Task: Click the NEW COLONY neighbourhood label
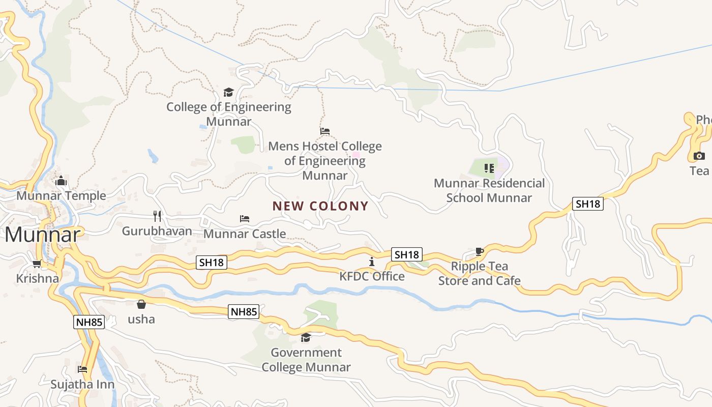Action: [x=320, y=206]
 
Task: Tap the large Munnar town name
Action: [x=43, y=235]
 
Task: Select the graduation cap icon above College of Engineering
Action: [x=228, y=92]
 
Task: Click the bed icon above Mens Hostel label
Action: [x=325, y=131]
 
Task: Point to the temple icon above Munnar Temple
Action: [x=61, y=181]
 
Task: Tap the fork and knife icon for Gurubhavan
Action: [x=157, y=216]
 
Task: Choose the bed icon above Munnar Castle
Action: [x=245, y=219]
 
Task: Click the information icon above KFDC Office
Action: [x=372, y=261]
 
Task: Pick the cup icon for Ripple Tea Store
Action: [x=479, y=251]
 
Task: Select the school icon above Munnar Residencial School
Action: [x=489, y=168]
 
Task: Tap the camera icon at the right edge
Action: [x=699, y=156]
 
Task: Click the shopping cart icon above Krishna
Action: [x=37, y=264]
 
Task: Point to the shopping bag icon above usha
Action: [x=141, y=304]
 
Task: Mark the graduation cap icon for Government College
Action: [x=306, y=337]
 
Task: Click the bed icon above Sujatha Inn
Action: [x=82, y=369]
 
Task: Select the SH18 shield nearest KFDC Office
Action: [x=407, y=254]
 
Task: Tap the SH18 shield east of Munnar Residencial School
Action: [x=587, y=204]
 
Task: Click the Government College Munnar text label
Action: [x=306, y=360]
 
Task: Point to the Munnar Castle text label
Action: [x=245, y=234]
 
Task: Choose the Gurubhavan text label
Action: [x=157, y=231]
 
